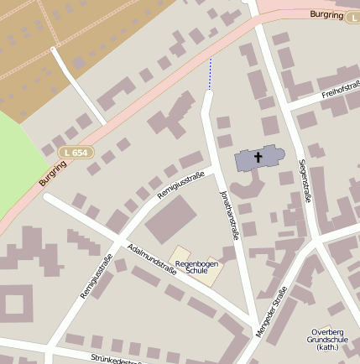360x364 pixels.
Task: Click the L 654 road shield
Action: [77, 152]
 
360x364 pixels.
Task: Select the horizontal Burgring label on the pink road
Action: [327, 14]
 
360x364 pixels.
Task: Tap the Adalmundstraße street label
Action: [151, 259]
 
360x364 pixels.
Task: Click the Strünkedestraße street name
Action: [117, 359]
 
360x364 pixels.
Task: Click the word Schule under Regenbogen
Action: [196, 271]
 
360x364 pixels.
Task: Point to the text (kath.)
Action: [324, 348]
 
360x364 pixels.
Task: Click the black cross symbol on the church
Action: [258, 156]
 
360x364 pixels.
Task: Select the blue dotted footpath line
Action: [211, 73]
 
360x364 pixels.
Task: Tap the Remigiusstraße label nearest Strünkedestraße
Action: [97, 276]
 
